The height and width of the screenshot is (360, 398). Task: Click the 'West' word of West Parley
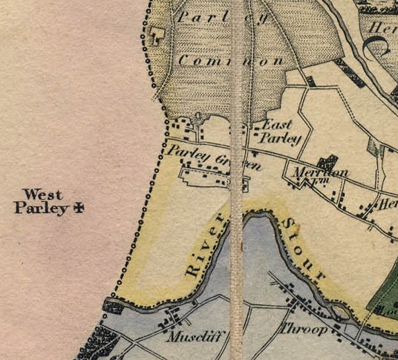click(42, 194)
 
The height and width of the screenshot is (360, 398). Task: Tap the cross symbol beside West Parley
click(76, 209)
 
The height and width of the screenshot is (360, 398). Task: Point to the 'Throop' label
click(303, 329)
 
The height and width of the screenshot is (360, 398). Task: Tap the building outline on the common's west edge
click(157, 35)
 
